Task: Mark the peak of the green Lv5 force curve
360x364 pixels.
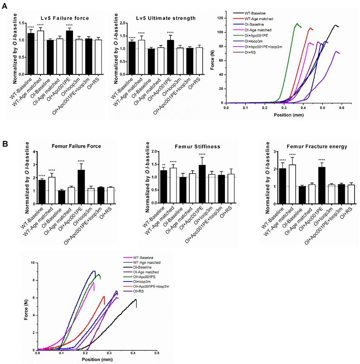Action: [297, 24]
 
